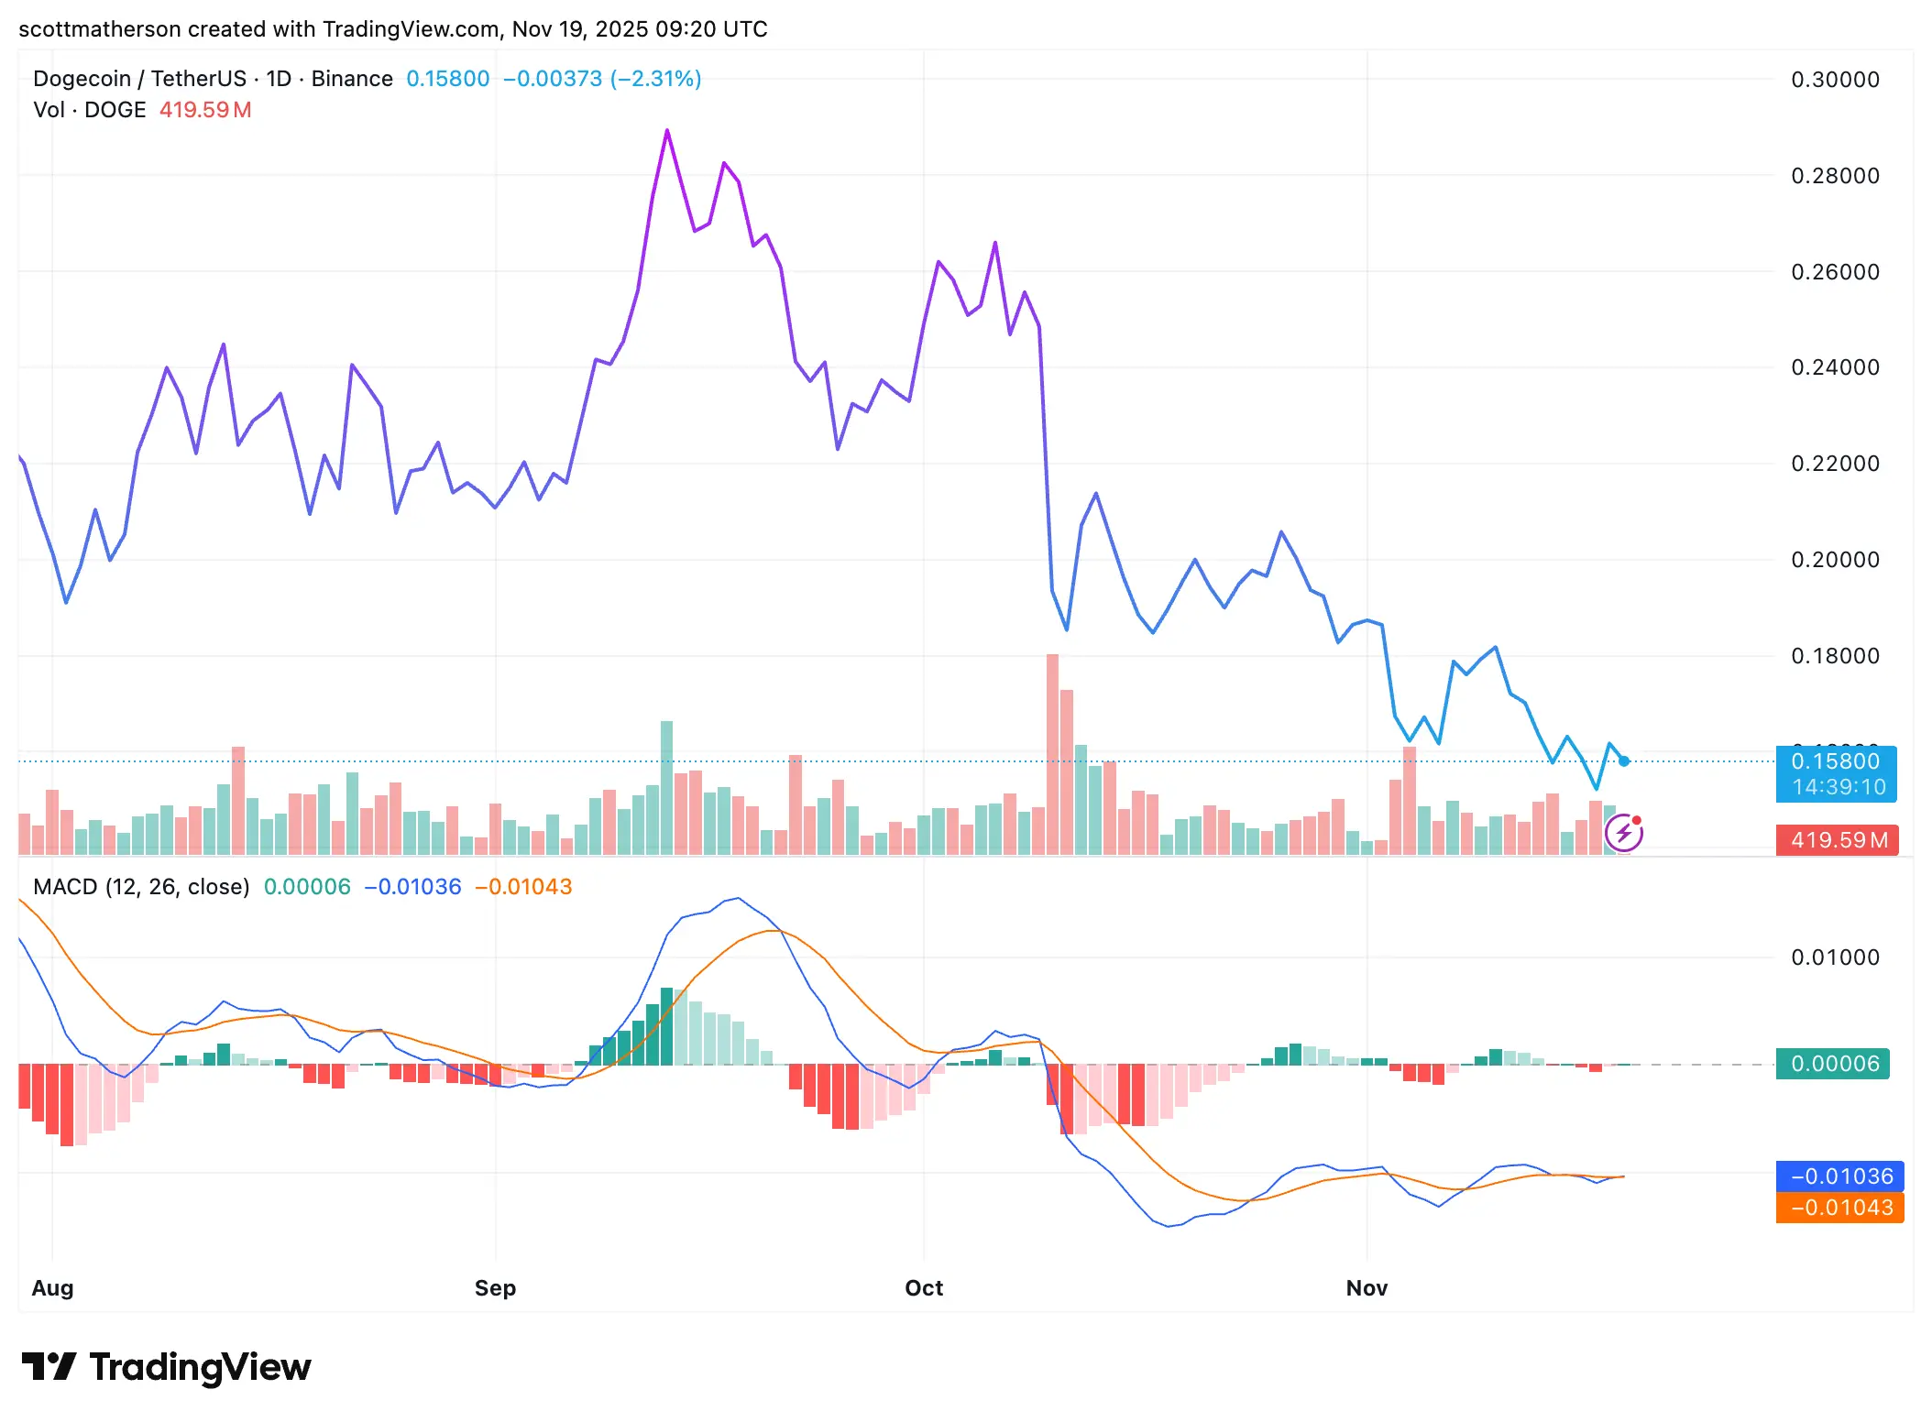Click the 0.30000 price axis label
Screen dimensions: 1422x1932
click(1835, 80)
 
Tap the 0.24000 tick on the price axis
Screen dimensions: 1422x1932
click(1835, 367)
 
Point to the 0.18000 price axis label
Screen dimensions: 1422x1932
click(1835, 656)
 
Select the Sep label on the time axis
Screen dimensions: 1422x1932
click(495, 1287)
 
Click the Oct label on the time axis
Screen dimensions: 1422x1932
click(923, 1287)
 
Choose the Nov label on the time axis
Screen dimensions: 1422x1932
click(1366, 1287)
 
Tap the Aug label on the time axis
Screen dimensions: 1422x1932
click(52, 1287)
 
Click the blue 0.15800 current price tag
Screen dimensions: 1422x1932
click(1836, 773)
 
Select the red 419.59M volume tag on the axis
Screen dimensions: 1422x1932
click(1838, 839)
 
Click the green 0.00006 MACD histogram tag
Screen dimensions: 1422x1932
click(1833, 1064)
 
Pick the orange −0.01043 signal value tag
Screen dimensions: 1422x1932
click(1839, 1208)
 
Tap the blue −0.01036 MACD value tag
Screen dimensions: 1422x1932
click(1839, 1176)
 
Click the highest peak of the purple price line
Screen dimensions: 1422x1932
click(667, 131)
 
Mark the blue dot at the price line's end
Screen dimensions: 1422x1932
click(1624, 760)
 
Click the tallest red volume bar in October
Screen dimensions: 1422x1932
click(1052, 751)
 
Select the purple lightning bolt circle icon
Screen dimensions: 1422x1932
click(1623, 833)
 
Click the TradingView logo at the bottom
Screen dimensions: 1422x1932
click(166, 1366)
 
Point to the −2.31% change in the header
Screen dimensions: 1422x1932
click(655, 79)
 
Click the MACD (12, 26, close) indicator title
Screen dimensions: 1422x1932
click(141, 886)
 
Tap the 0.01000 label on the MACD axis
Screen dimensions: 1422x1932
click(1835, 957)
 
